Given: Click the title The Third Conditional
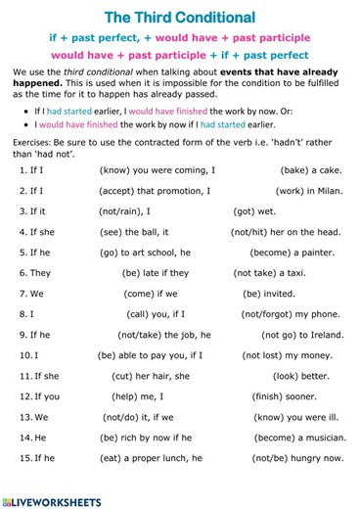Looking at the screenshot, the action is tap(179, 18).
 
